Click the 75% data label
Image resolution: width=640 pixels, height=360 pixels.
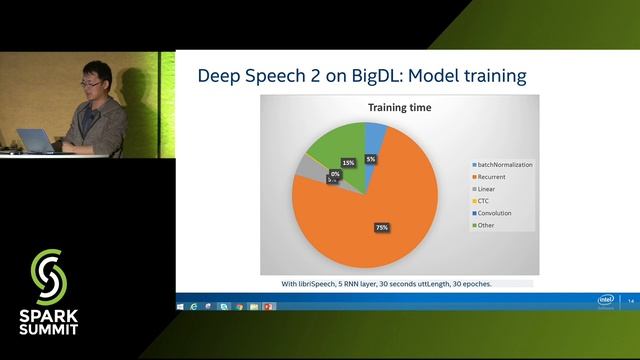click(381, 227)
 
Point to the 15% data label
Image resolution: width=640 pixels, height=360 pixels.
click(348, 162)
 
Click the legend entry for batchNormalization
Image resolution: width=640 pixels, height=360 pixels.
click(506, 163)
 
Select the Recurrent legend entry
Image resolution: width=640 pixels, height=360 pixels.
click(496, 175)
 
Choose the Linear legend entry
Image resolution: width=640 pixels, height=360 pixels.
click(491, 187)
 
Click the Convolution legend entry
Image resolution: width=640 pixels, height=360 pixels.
click(498, 212)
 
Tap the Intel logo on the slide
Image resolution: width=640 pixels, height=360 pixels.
click(606, 299)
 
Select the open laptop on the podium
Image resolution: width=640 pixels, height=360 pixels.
click(40, 141)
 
